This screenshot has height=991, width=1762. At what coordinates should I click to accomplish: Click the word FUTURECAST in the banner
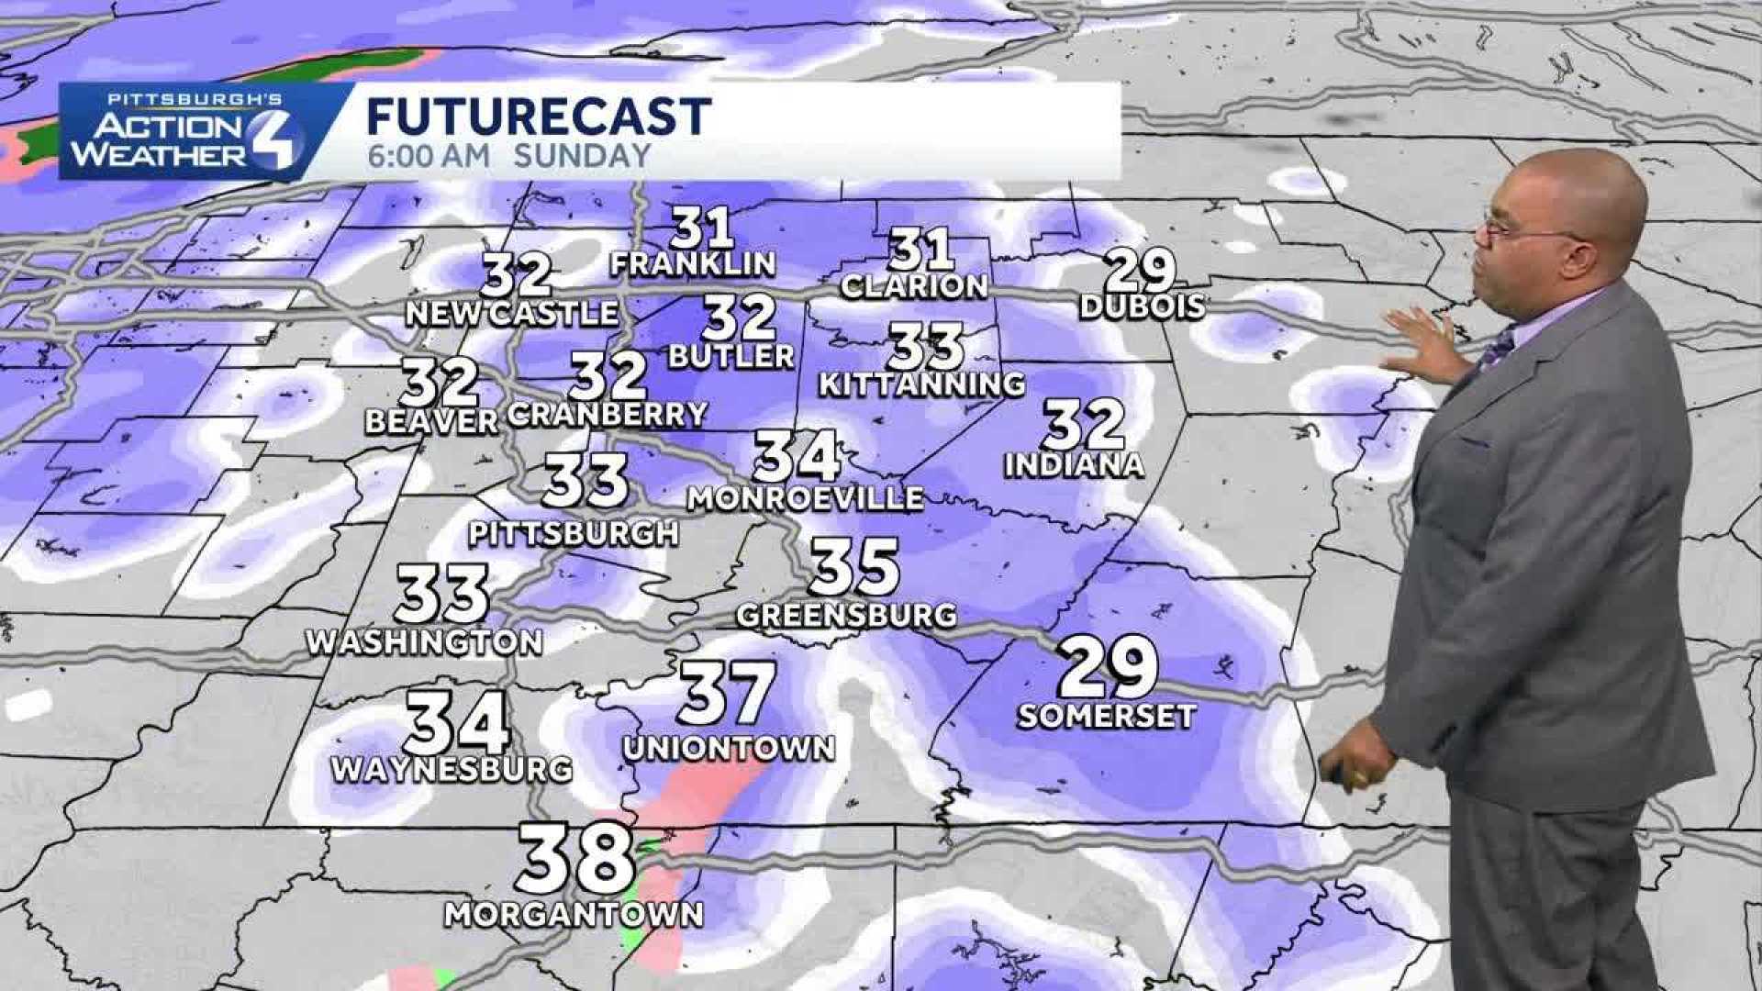click(x=539, y=117)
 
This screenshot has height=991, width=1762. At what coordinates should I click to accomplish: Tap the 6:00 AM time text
click(x=429, y=155)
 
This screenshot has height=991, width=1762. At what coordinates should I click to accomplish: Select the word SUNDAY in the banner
click(x=582, y=155)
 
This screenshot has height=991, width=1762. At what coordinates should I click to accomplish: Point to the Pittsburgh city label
click(x=574, y=532)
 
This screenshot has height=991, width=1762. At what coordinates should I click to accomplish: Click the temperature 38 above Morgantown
click(x=575, y=859)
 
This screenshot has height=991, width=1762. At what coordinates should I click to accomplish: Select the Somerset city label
click(x=1106, y=716)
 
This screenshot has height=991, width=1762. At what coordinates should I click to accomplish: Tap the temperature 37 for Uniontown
click(x=727, y=693)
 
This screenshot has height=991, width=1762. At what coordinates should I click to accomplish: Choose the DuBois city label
click(x=1142, y=306)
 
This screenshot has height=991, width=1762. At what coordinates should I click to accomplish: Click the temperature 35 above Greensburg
click(x=854, y=567)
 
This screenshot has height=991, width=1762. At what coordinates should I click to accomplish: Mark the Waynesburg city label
click(x=452, y=769)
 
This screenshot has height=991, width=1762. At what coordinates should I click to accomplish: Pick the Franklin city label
click(x=694, y=264)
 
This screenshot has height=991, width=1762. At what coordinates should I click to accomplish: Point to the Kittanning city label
click(x=921, y=384)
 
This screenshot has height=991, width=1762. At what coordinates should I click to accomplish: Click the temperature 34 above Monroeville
click(x=797, y=456)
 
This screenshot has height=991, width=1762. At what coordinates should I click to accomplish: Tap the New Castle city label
click(x=512, y=313)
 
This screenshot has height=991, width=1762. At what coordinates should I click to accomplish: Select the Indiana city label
click(x=1075, y=465)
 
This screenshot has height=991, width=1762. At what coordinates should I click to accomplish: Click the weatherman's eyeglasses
click(x=1514, y=228)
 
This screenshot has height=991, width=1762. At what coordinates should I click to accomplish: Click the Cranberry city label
click(x=607, y=414)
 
